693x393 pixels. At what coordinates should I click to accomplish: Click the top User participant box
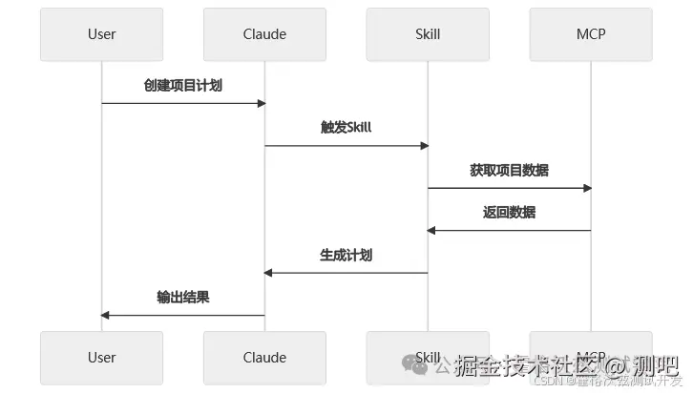pyautogui.click(x=101, y=34)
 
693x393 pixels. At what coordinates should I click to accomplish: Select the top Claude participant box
pyautogui.click(x=264, y=34)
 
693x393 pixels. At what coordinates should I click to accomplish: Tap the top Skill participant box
pyautogui.click(x=428, y=34)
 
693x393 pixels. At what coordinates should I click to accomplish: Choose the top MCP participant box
pyautogui.click(x=591, y=34)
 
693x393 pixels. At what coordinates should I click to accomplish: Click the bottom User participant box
pyautogui.click(x=101, y=358)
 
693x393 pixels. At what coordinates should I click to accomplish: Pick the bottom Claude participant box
pyautogui.click(x=264, y=358)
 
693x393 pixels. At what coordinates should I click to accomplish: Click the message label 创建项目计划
pyautogui.click(x=183, y=85)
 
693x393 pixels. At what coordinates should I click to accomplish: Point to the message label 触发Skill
pyautogui.click(x=346, y=128)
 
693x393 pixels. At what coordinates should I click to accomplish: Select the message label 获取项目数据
pyautogui.click(x=509, y=170)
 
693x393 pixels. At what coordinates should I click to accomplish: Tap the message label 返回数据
pyautogui.click(x=509, y=212)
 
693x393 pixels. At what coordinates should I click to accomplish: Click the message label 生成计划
pyautogui.click(x=346, y=255)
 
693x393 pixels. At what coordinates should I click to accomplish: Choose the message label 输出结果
pyautogui.click(x=183, y=297)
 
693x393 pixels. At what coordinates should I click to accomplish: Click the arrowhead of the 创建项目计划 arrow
pyautogui.click(x=260, y=103)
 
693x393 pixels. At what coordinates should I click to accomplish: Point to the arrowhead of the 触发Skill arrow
pyautogui.click(x=423, y=146)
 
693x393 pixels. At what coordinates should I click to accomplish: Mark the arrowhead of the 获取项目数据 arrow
pyautogui.click(x=586, y=188)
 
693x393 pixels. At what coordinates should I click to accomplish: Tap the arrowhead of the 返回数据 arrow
pyautogui.click(x=432, y=230)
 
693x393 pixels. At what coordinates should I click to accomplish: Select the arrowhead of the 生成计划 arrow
pyautogui.click(x=269, y=273)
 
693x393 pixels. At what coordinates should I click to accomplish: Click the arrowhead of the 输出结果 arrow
pyautogui.click(x=106, y=315)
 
